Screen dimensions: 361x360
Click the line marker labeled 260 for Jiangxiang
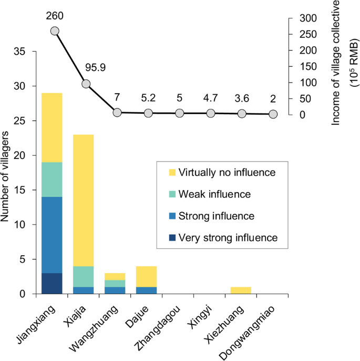[x=55, y=31]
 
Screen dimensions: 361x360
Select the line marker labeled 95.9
[x=86, y=84]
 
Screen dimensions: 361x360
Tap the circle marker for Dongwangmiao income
[x=273, y=114]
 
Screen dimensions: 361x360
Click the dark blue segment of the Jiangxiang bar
[x=52, y=283]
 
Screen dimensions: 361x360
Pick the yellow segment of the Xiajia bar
[x=83, y=200]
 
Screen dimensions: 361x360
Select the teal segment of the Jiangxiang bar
[x=52, y=179]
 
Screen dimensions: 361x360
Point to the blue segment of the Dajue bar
[x=146, y=290]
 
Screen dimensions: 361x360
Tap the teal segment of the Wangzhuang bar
[x=115, y=283]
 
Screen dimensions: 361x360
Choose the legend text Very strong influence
[x=228, y=237]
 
